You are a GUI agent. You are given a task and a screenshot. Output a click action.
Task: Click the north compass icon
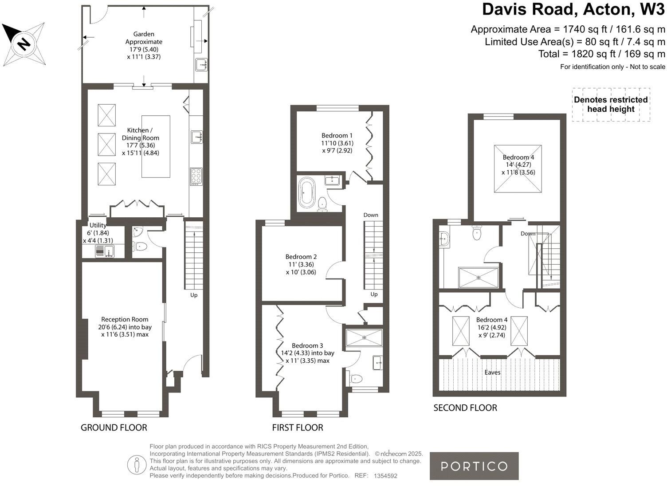click(x=24, y=43)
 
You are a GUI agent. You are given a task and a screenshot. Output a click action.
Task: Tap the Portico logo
click(x=474, y=466)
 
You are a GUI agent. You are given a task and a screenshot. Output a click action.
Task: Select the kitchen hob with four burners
click(x=196, y=176)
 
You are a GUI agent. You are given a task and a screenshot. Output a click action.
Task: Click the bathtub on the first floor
click(x=306, y=193)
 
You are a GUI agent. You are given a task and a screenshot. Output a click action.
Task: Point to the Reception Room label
click(x=125, y=327)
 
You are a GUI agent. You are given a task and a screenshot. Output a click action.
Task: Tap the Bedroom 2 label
click(x=301, y=264)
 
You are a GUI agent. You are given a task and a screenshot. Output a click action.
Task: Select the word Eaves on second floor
click(x=492, y=372)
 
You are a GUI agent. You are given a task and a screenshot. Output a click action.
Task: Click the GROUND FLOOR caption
click(x=114, y=427)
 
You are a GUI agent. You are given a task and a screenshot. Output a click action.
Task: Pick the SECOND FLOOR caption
click(x=465, y=408)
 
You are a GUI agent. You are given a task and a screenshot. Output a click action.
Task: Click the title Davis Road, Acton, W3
click(x=573, y=9)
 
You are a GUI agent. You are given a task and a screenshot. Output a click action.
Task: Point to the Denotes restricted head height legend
click(x=611, y=105)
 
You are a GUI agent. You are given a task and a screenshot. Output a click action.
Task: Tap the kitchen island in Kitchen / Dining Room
click(x=156, y=146)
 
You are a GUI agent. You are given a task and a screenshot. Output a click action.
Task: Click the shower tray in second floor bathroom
click(x=479, y=278)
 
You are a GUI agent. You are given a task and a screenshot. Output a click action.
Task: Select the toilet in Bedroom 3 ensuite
click(x=356, y=379)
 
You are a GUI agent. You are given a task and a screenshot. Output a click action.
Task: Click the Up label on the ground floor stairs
click(x=194, y=295)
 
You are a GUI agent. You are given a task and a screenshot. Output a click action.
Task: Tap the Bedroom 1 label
click(x=337, y=143)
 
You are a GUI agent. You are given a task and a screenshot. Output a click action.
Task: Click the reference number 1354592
click(x=385, y=476)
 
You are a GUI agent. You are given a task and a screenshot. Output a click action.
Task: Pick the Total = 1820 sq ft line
click(x=601, y=54)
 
